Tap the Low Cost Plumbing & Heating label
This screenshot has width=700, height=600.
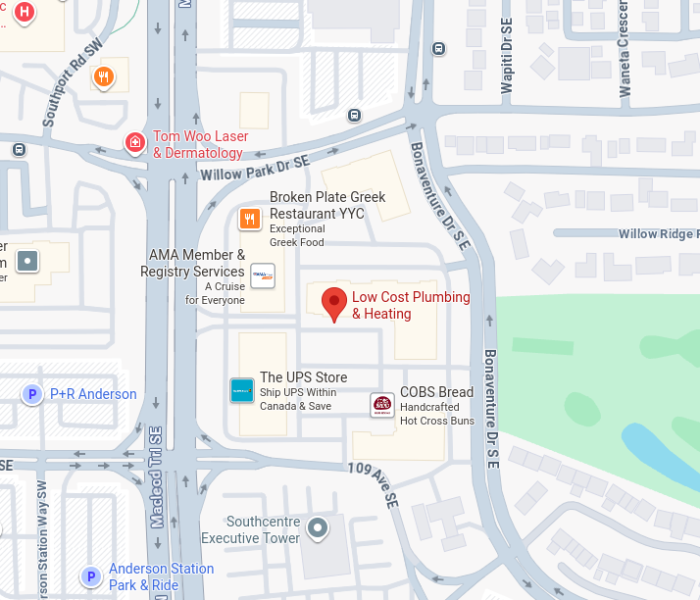(411, 305)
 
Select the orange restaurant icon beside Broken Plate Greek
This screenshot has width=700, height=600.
(251, 219)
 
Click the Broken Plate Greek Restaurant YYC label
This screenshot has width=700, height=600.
(327, 205)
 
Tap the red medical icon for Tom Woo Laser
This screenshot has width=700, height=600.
(135, 144)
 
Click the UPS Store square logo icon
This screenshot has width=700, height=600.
(241, 390)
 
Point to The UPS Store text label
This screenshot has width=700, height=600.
(303, 377)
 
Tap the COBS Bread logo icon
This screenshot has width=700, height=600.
(382, 405)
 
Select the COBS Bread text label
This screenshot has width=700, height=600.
(436, 392)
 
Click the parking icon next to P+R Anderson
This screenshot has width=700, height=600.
(32, 394)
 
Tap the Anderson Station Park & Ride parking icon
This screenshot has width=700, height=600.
(91, 576)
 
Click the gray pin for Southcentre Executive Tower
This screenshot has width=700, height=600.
(317, 529)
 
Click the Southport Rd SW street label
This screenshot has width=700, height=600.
(72, 88)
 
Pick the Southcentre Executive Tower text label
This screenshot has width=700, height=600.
(251, 529)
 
